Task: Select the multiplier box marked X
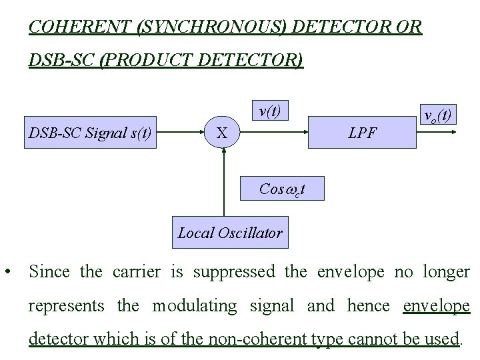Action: pyautogui.click(x=223, y=134)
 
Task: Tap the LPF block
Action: pyautogui.click(x=363, y=134)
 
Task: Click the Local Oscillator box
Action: pyautogui.click(x=229, y=233)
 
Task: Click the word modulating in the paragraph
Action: pyautogui.click(x=194, y=306)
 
